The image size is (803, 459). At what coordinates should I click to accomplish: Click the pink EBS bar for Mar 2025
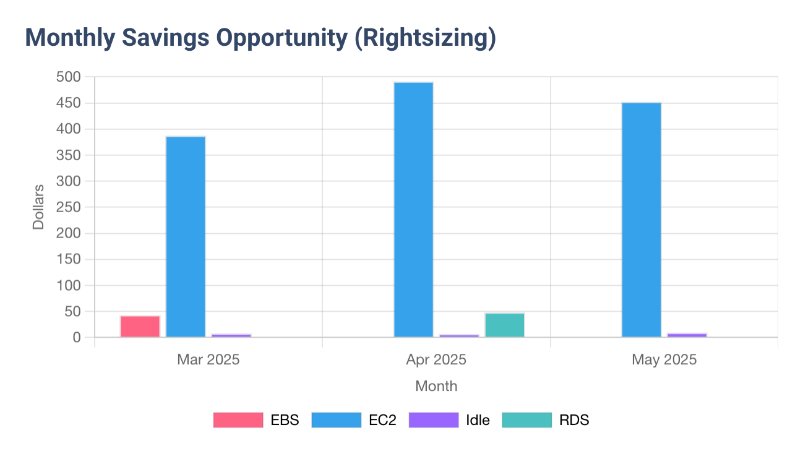(140, 327)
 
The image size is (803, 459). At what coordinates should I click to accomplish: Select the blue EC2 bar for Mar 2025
(186, 237)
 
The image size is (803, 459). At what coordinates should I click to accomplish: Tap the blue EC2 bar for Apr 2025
(413, 210)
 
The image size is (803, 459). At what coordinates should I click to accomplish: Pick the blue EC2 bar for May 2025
(641, 220)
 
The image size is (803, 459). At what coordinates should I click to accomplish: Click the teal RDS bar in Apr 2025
(504, 325)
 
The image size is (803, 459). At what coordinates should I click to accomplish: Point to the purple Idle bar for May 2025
(687, 335)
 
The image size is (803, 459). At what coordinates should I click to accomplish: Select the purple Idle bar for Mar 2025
(231, 335)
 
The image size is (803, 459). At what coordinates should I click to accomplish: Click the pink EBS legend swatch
(238, 420)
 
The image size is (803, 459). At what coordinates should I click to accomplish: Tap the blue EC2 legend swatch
(336, 420)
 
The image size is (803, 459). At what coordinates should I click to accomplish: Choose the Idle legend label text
(478, 420)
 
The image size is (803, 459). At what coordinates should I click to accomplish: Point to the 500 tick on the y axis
(69, 77)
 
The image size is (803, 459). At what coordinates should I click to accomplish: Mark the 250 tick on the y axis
(69, 207)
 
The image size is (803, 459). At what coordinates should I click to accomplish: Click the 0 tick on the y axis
(77, 338)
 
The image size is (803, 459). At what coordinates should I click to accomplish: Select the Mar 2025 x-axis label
(208, 359)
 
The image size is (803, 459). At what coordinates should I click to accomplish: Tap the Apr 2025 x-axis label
(436, 359)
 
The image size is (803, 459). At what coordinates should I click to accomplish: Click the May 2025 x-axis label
(664, 359)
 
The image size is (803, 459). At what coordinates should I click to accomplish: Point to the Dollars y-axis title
(38, 207)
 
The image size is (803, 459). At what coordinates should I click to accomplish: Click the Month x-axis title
(436, 386)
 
